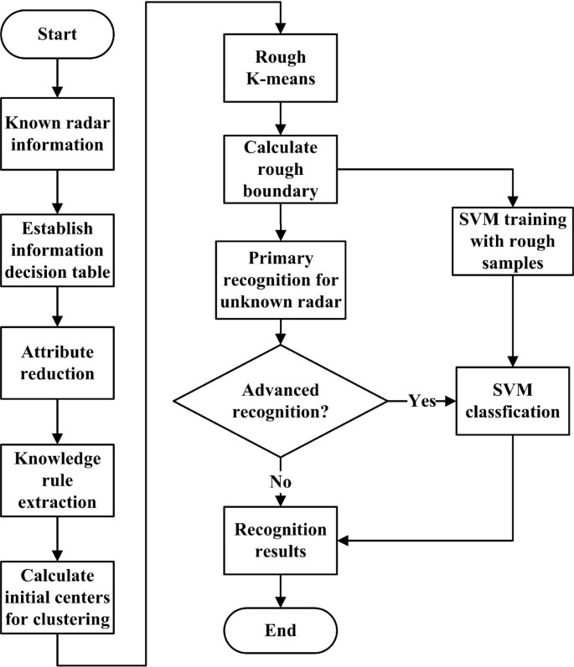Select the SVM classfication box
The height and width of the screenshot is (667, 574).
[x=512, y=401]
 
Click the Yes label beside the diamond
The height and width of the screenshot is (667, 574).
[x=422, y=401]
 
